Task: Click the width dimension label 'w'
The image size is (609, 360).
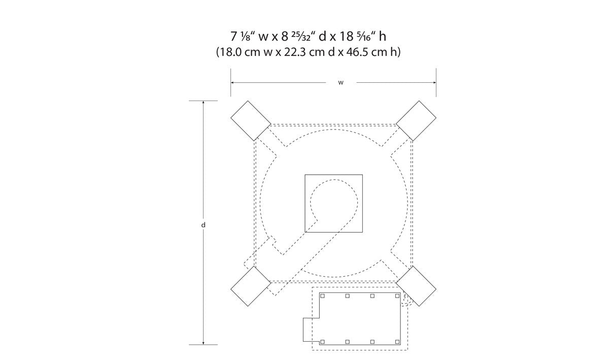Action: [341, 83]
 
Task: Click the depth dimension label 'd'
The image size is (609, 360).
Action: [203, 225]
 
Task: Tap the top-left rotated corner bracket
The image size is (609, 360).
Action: [251, 121]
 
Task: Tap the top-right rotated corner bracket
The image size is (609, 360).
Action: [416, 121]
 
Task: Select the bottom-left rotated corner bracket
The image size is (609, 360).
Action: [251, 286]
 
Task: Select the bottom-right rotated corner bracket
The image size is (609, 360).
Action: [416, 286]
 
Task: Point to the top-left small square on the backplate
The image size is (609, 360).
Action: [322, 296]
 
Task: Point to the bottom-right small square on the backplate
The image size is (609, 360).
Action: [397, 342]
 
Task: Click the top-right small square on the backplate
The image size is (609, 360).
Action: [397, 296]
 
